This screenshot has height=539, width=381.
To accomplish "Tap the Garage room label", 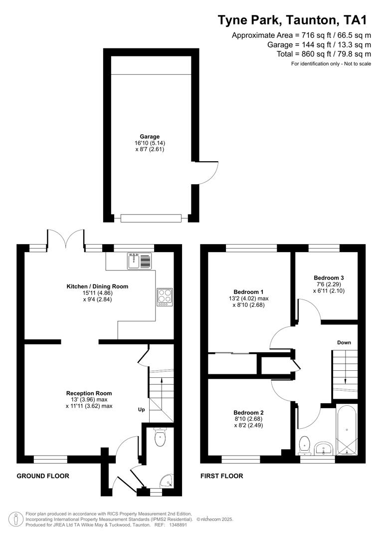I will tap(150, 136).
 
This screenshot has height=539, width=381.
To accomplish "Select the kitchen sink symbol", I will tap(139, 261).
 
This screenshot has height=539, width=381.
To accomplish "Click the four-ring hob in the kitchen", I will tap(165, 297).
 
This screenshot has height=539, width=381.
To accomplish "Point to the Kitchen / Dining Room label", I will tap(97, 286).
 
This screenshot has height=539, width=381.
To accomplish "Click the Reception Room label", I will tap(89, 393).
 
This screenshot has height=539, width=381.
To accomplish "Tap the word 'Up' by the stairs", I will tap(142, 410).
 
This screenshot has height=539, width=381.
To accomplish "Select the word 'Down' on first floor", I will tap(344, 342).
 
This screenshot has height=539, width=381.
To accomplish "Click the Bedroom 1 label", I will tap(248, 292).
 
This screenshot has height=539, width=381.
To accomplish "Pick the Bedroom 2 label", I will tap(248, 413).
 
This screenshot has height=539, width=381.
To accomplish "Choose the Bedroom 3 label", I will tap(329, 277).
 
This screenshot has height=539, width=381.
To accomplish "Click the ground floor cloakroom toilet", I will tap(160, 438).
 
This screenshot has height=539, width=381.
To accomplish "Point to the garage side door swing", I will tap(207, 172).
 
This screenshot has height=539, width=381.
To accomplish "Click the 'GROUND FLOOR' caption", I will tap(43, 476).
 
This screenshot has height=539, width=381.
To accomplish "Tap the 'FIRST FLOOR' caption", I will tap(222, 476).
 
